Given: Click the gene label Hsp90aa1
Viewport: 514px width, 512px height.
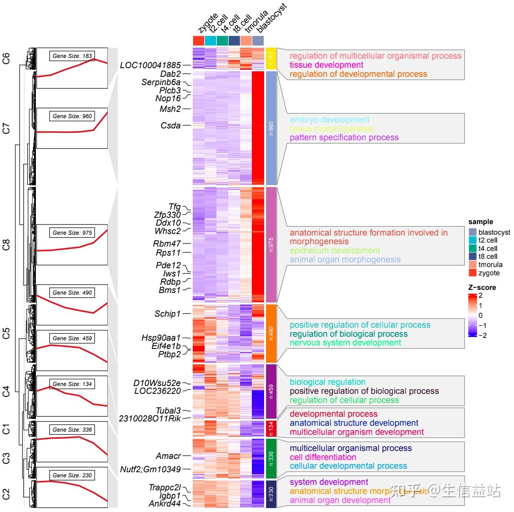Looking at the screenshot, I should point(161,338).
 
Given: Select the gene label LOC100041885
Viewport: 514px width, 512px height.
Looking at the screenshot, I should point(150,65).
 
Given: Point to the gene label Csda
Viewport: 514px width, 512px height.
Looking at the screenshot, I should point(171,126).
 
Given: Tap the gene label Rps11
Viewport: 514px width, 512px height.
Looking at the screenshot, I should point(168,253).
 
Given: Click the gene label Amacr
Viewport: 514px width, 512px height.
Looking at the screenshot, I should point(168,456).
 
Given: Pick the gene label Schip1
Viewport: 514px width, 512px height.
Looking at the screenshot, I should point(168,314).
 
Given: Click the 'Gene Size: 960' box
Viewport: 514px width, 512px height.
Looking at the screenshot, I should point(72,116).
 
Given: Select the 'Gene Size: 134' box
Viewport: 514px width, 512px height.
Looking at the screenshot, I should point(72,384).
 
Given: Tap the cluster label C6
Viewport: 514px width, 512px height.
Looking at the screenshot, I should point(6,59).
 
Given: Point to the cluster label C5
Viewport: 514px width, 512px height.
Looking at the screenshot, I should point(6,334).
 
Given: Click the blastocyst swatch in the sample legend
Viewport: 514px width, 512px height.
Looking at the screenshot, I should point(473,232).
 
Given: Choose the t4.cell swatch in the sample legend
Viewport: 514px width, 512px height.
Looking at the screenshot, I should point(473,249).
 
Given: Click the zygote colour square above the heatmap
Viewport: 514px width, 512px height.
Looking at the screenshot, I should point(199,41).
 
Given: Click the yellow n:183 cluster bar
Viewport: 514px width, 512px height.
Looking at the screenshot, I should point(271,59).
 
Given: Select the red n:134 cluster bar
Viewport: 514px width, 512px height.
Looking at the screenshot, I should point(271,429).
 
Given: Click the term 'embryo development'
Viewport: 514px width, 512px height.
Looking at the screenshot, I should point(330,120).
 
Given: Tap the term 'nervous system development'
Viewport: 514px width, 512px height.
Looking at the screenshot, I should point(345,343).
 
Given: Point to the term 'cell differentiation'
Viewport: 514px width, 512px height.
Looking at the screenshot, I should point(323,457).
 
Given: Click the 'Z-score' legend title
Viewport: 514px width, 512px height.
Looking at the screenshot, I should point(482,288).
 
